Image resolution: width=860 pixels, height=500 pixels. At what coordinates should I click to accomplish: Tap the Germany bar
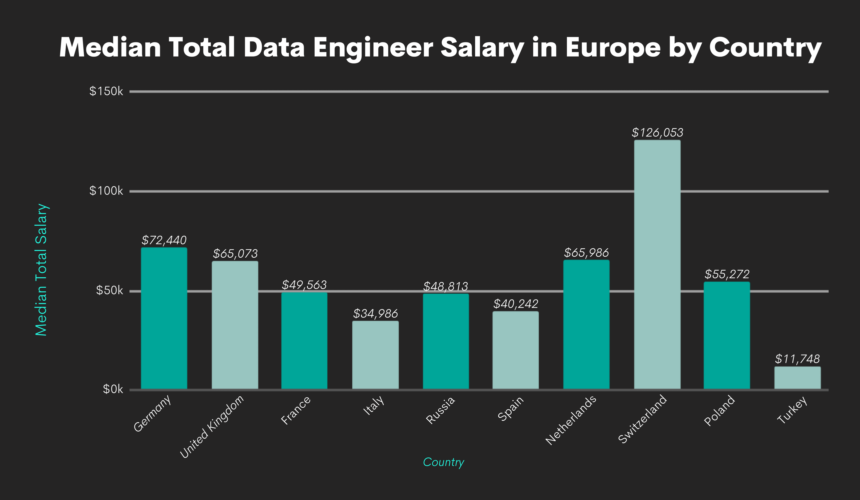click(164, 318)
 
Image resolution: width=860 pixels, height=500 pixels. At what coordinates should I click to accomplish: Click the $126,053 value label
click(657, 133)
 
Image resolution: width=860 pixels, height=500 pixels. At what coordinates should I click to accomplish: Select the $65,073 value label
click(235, 254)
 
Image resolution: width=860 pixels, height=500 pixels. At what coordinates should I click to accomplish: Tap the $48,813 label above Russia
click(445, 286)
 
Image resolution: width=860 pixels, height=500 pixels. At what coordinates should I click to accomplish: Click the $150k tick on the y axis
click(106, 91)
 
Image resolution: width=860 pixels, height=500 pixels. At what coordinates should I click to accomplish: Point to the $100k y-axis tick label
click(106, 191)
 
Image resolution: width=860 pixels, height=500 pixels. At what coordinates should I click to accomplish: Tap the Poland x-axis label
click(719, 410)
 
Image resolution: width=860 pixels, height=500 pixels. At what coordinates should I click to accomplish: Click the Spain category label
click(511, 409)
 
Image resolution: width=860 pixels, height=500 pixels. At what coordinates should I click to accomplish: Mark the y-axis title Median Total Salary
click(41, 270)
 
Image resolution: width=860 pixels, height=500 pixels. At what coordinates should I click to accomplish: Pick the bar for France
click(304, 341)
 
